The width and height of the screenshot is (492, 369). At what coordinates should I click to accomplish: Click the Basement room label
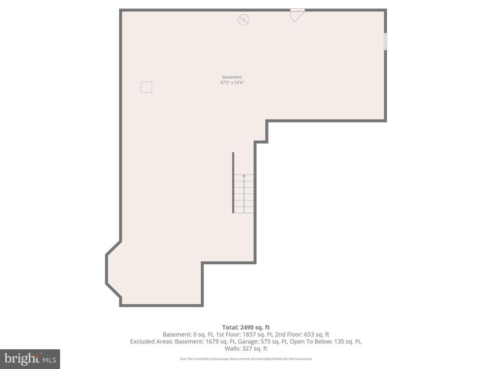click(232, 77)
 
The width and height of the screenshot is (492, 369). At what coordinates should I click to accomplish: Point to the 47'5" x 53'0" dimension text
click(232, 83)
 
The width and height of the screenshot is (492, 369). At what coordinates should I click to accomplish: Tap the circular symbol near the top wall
click(244, 19)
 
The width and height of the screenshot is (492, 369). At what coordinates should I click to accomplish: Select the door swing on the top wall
click(297, 15)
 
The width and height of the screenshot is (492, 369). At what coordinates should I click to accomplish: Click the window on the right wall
click(385, 41)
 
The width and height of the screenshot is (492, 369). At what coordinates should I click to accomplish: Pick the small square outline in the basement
click(146, 87)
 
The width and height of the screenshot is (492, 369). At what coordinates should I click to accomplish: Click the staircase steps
click(244, 195)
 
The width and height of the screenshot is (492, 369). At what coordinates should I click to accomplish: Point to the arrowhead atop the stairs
click(244, 176)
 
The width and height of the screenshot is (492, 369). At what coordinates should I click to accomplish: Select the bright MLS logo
click(29, 358)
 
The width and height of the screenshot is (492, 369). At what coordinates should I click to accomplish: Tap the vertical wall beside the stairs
click(233, 183)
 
